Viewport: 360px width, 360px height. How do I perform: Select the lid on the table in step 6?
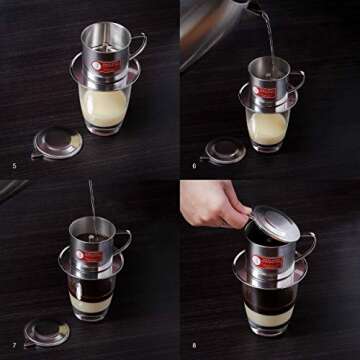pos(223,149)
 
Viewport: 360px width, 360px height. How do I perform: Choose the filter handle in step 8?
pos(304,246)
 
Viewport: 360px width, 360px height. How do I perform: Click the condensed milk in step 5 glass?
pos(103,106)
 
